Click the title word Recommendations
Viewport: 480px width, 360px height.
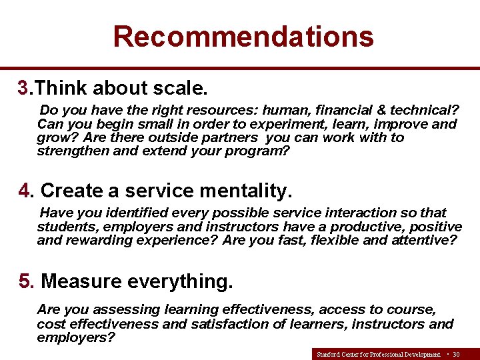click(x=243, y=36)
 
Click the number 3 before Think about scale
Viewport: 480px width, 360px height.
click(x=24, y=88)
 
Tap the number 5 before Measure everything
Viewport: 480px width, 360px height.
click(x=26, y=281)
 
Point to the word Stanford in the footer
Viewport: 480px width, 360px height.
click(x=327, y=354)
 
